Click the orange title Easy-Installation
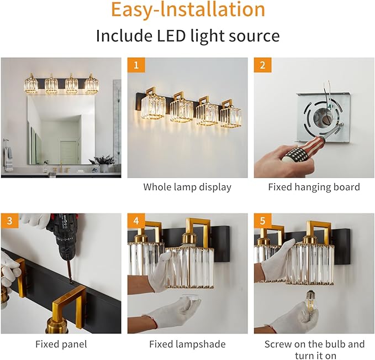188,9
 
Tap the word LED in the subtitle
171,36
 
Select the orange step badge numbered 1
136,65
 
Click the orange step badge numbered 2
262,65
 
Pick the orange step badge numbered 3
9,221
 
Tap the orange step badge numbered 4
136,221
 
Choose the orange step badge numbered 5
262,221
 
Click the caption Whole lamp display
187,187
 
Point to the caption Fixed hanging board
314,187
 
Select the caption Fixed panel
61,344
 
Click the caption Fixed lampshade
187,344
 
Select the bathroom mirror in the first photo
61,130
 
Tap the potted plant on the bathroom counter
102,164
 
